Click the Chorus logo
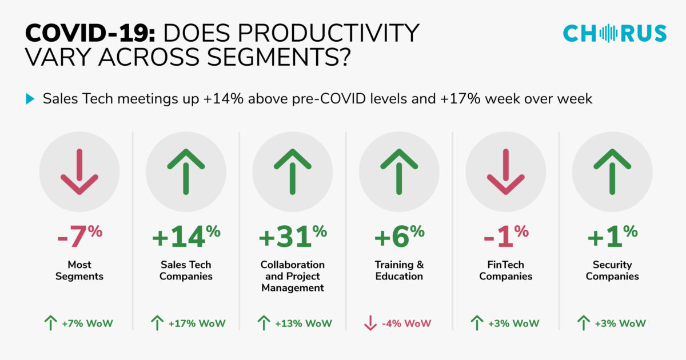coord(615,33)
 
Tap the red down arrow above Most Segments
coord(79,171)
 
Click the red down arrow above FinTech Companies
coord(505,171)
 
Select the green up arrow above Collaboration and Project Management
coord(292,171)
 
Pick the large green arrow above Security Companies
coord(612,171)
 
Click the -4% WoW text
coord(406,323)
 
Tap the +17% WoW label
coord(197,323)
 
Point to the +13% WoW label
coord(303,323)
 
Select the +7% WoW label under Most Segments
coord(87,323)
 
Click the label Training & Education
coord(399,270)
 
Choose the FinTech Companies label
coord(505,270)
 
